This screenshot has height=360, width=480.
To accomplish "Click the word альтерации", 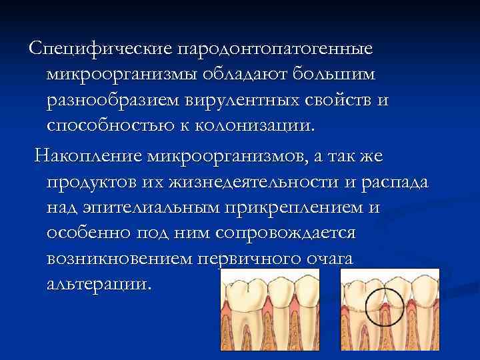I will coord(99,283).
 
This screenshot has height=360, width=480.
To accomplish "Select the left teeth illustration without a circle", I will coord(276,313).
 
